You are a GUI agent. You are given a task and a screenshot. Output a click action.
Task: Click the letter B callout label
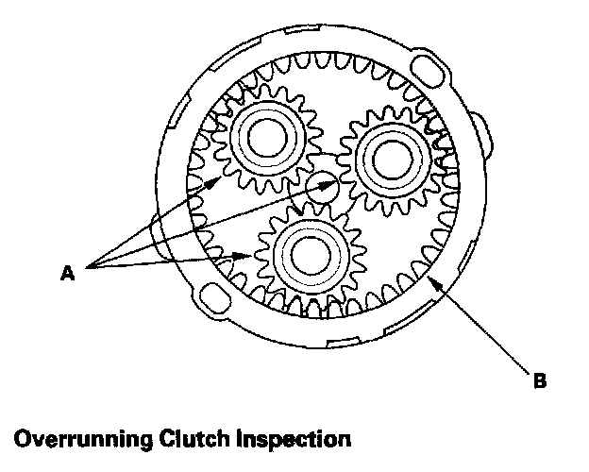click(x=539, y=380)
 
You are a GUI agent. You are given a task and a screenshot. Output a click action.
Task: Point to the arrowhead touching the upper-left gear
click(x=225, y=177)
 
